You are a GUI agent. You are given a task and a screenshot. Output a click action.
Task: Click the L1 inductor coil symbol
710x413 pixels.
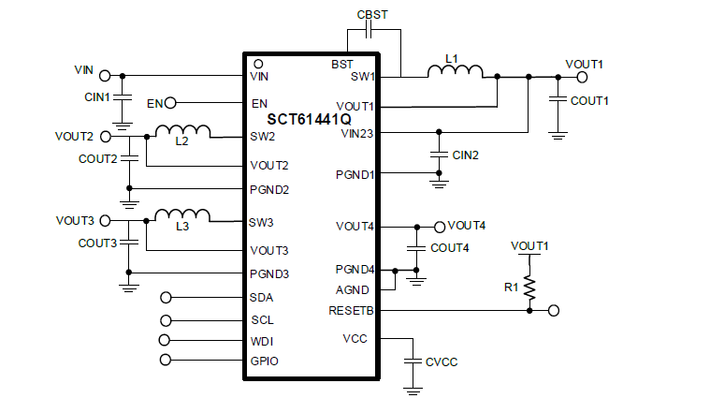coord(456,71)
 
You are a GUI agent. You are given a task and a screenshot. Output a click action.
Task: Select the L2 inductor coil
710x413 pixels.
coord(182,132)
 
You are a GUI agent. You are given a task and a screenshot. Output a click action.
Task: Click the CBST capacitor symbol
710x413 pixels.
coord(371,31)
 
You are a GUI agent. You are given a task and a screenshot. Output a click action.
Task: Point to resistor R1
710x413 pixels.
coord(529,287)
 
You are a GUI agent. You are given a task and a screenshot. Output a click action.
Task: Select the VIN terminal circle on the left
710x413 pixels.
coord(106,75)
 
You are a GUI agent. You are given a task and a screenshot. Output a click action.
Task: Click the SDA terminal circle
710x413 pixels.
coord(167,298)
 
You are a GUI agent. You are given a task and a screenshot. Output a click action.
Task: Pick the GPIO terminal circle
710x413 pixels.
coord(167,360)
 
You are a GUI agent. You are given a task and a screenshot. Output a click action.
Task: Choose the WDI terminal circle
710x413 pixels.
coord(167,340)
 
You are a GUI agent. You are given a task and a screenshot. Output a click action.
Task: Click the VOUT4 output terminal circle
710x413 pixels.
coord(440,227)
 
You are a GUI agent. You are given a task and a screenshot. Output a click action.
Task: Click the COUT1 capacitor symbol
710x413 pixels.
coord(558,97)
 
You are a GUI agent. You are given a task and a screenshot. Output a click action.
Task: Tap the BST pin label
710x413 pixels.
coord(342,65)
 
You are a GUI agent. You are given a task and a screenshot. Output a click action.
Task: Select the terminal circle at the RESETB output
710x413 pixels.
coord(554,310)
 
